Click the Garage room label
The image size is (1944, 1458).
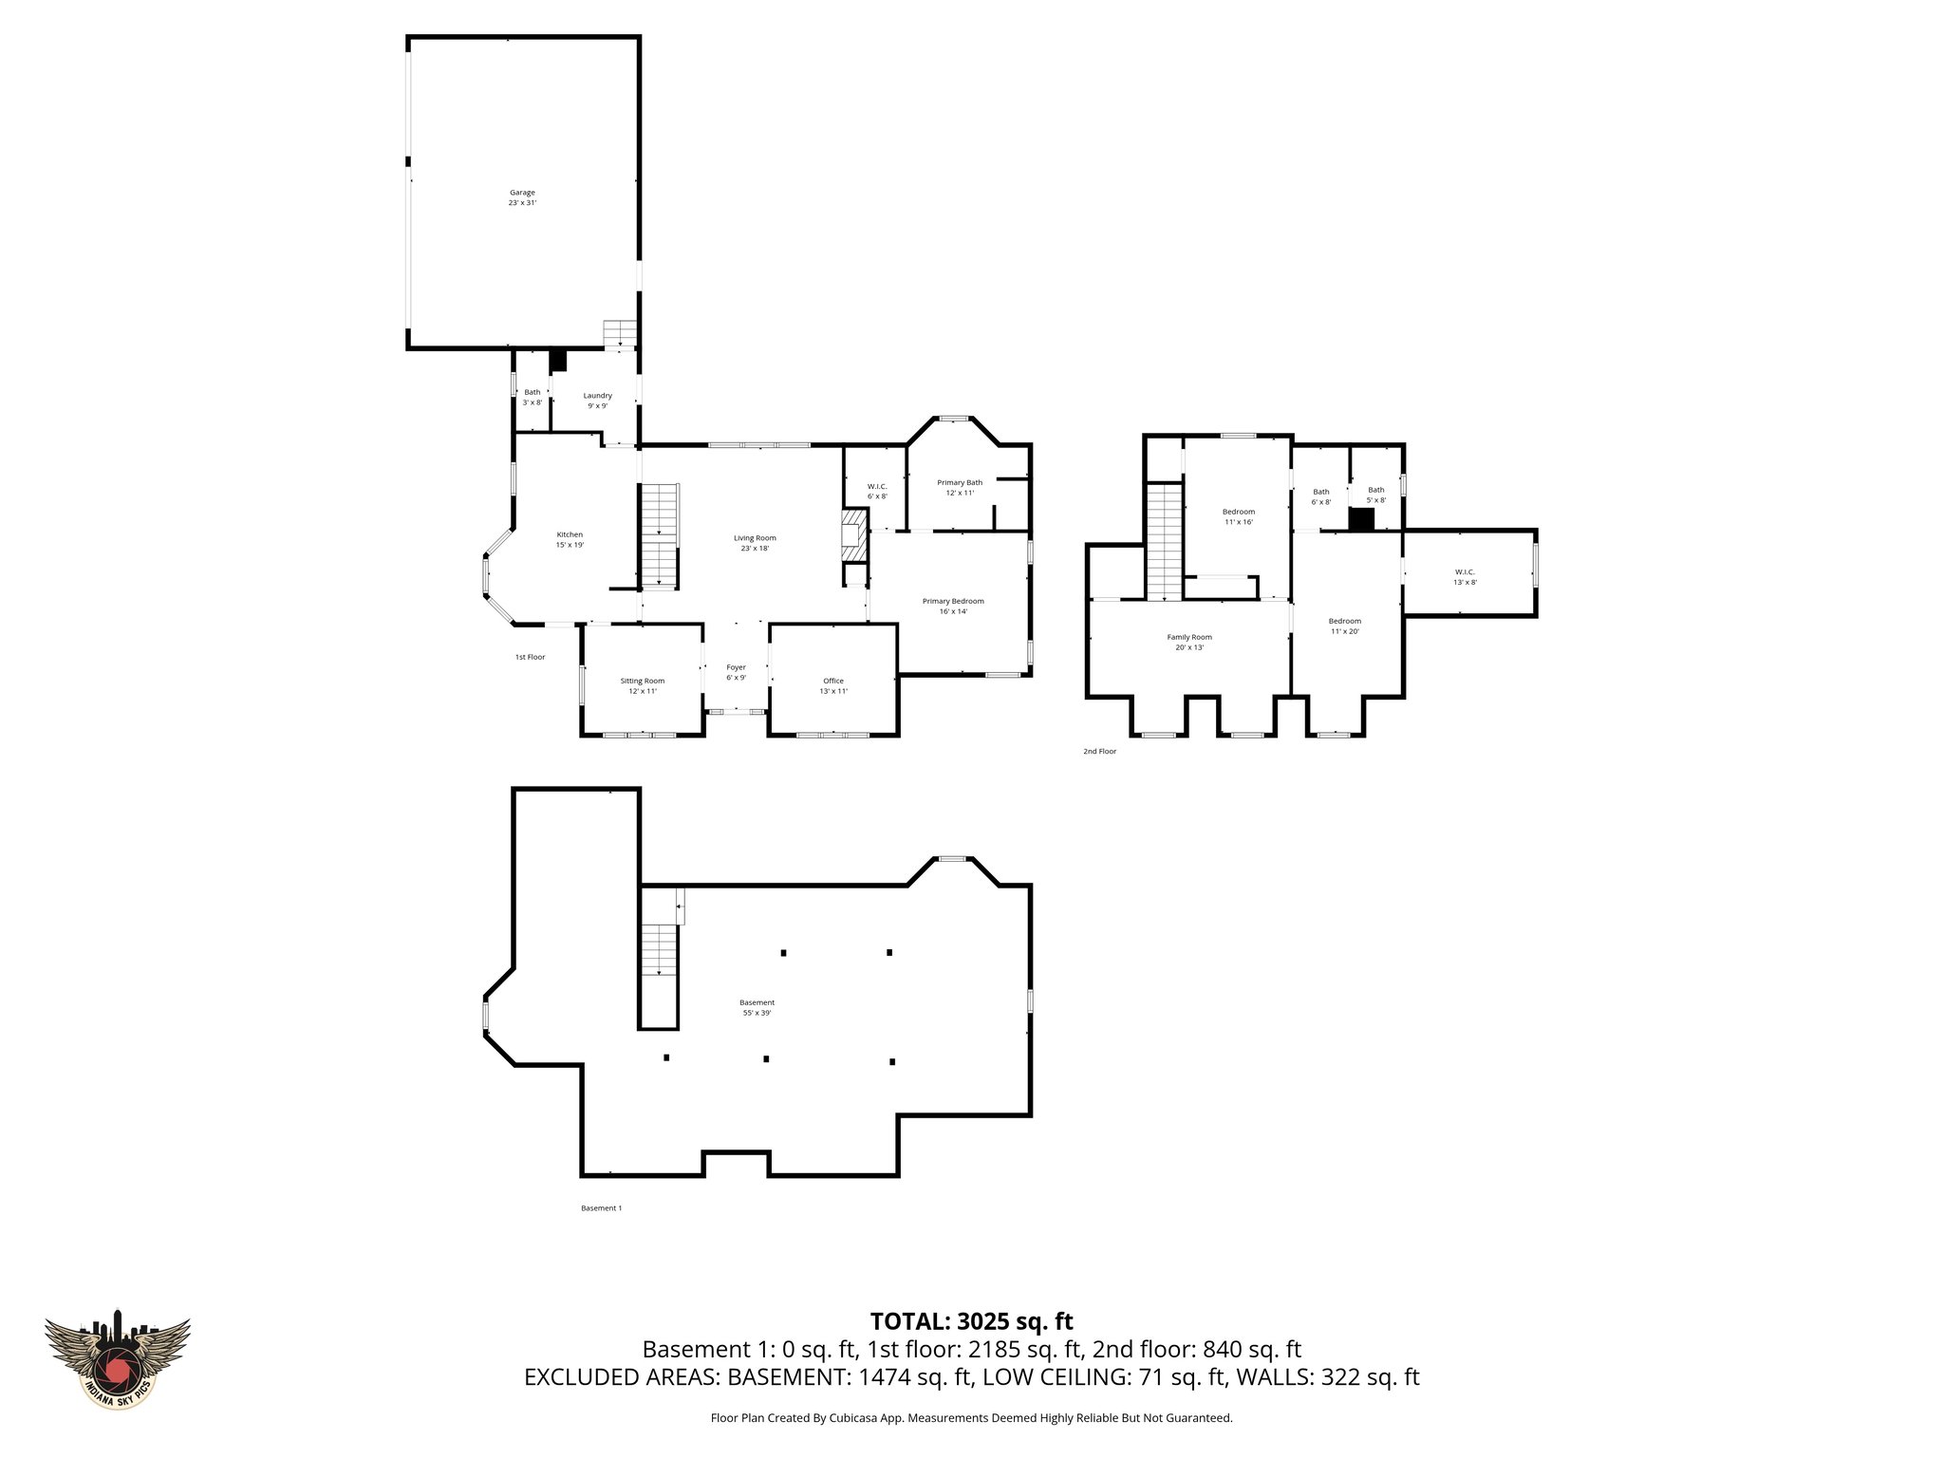522,197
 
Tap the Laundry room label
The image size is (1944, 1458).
597,401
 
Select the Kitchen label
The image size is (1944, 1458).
570,539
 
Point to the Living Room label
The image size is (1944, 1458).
755,543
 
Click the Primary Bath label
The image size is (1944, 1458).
960,487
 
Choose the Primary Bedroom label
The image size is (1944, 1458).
953,606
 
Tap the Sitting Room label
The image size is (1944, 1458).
643,685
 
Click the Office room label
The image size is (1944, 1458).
833,685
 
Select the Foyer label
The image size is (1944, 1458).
736,672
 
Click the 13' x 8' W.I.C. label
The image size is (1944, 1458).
1465,577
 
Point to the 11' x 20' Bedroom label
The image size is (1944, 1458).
1345,626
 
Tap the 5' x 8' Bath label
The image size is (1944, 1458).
1375,495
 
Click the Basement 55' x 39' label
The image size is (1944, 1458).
757,1007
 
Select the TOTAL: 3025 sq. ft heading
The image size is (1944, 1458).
971,1321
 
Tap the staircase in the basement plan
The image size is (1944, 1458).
658,949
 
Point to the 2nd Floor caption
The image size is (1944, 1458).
1099,751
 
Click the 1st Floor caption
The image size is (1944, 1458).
530,657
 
